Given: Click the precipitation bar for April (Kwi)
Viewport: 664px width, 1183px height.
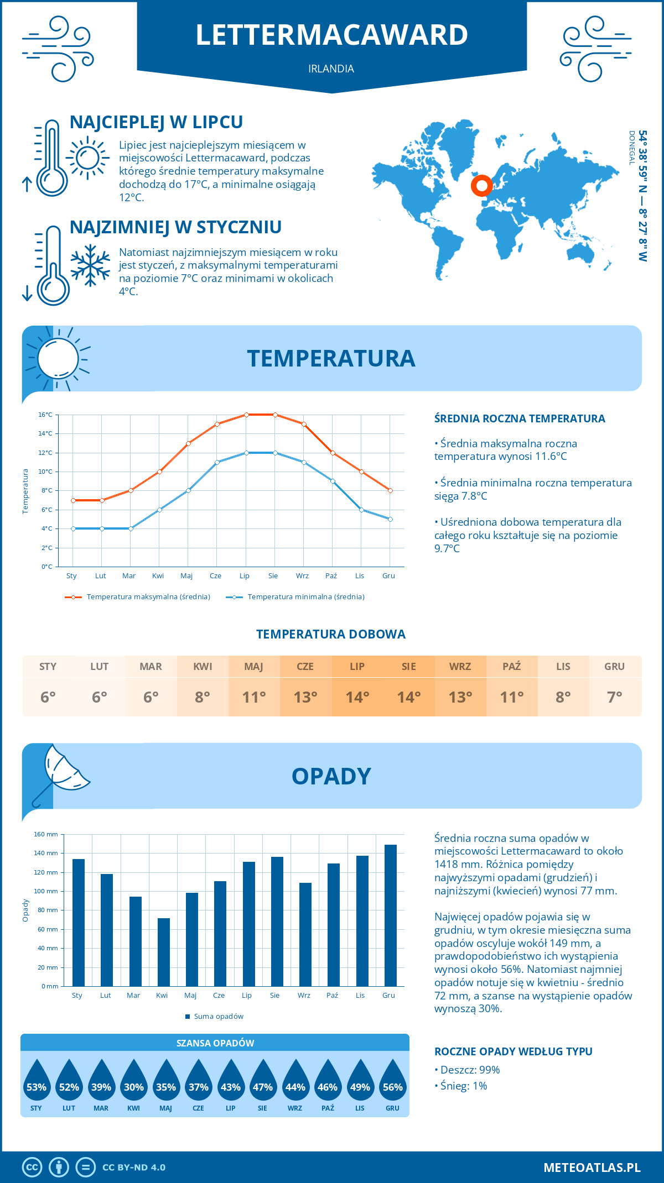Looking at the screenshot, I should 164,952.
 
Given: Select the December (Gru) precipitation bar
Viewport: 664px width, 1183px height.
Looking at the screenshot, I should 391,915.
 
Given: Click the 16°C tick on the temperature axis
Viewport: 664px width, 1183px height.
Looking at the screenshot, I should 45,415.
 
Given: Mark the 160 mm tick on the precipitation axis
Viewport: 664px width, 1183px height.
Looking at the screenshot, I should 46,834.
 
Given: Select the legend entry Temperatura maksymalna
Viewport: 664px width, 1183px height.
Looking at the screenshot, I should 138,597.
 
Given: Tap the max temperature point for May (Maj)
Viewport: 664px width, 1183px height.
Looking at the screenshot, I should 188,443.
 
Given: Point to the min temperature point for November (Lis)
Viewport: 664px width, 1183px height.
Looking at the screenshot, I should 361,510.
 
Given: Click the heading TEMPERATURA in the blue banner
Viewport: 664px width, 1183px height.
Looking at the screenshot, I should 331,358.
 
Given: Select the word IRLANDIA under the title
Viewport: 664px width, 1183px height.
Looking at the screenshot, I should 331,69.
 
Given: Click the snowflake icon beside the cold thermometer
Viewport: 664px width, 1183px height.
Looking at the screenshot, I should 90,265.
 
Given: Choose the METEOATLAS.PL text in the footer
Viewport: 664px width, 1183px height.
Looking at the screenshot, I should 592,1168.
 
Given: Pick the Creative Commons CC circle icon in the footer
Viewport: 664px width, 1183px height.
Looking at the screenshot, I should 32,1168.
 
